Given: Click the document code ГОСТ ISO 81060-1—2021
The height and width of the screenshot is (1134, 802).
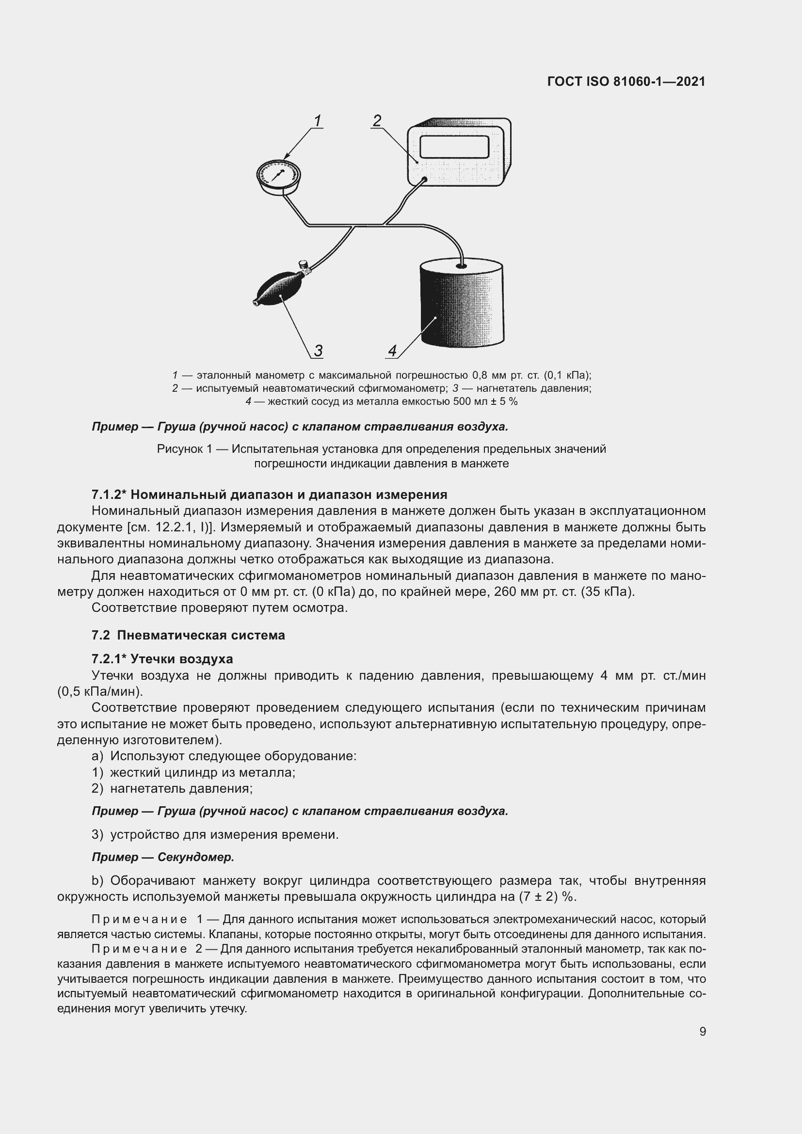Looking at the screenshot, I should pyautogui.click(x=626, y=82).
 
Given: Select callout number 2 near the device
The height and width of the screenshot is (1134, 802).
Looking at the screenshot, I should pyautogui.click(x=377, y=121).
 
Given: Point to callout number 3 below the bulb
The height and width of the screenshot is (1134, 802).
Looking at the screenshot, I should pyautogui.click(x=318, y=351).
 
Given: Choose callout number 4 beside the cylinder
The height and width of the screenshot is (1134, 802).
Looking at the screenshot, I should pyautogui.click(x=393, y=351).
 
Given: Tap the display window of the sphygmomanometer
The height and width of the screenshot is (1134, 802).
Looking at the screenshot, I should pyautogui.click(x=454, y=147).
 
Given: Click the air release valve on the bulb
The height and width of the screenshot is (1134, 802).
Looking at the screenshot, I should pyautogui.click(x=304, y=267).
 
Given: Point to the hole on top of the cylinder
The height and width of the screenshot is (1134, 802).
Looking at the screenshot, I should pyautogui.click(x=461, y=266).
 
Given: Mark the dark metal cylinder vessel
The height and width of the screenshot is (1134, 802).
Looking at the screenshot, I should pyautogui.click(x=462, y=306).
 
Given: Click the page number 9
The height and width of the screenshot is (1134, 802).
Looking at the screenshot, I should pyautogui.click(x=702, y=1031).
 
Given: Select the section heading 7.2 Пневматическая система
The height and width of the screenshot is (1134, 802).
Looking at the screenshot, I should pyautogui.click(x=188, y=635).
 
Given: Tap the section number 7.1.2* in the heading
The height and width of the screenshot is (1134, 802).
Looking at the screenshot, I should pyautogui.click(x=109, y=495).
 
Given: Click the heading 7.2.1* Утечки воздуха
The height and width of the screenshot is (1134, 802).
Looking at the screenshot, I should pyautogui.click(x=162, y=659).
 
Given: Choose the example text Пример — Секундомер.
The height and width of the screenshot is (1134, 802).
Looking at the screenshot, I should pyautogui.click(x=163, y=857).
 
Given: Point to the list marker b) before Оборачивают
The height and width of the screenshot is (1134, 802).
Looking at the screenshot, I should pyautogui.click(x=97, y=880).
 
